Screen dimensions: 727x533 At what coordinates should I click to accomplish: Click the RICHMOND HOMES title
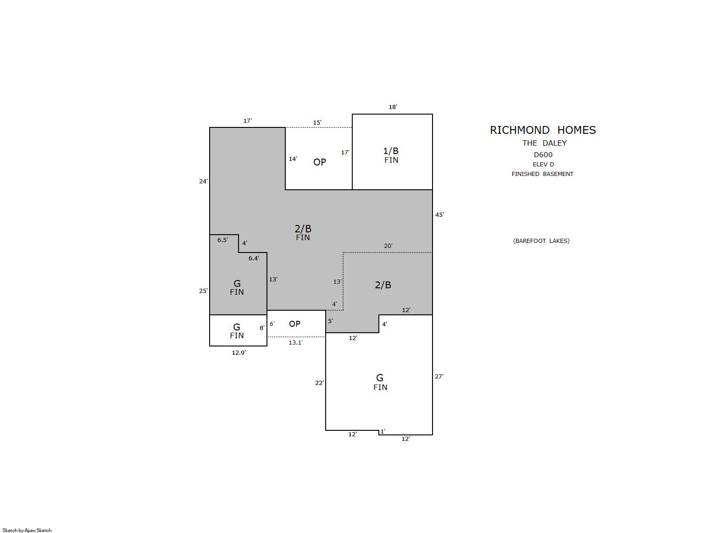(543, 130)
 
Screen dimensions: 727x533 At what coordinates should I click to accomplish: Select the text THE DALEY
(544, 143)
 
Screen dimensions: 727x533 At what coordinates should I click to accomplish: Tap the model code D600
(543, 154)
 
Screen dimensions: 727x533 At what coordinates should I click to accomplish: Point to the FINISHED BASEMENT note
(542, 174)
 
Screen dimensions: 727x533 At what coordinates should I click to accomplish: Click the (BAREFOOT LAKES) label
(541, 241)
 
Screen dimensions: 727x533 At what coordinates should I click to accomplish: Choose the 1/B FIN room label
(391, 155)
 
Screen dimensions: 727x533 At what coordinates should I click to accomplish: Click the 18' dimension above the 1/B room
(393, 107)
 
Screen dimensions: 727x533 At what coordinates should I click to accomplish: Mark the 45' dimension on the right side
(439, 214)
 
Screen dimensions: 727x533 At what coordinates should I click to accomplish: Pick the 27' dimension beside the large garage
(439, 376)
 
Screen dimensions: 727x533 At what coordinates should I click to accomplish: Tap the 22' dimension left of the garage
(319, 383)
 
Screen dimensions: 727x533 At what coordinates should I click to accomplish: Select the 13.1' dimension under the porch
(295, 342)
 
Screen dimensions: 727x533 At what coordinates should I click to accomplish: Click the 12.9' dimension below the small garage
(239, 353)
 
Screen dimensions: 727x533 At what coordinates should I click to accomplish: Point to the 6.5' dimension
(222, 240)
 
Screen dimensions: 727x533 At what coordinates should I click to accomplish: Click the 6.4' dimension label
(254, 258)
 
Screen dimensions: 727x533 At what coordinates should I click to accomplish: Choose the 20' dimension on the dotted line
(388, 246)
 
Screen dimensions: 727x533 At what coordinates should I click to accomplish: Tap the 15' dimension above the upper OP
(317, 122)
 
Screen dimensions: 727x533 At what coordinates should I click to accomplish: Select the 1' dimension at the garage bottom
(383, 432)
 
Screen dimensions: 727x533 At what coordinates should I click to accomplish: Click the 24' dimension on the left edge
(203, 181)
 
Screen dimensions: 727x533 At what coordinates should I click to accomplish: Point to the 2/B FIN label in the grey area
(303, 233)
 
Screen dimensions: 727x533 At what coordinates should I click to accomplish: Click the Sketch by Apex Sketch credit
(27, 530)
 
